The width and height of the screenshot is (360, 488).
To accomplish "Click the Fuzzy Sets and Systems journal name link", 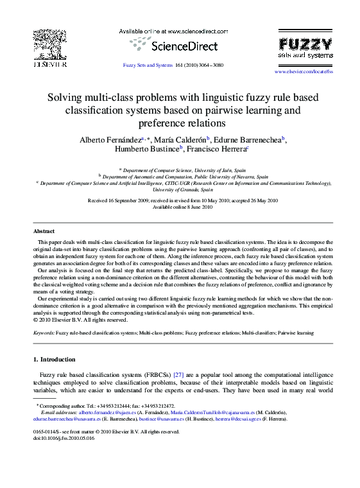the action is (148, 65).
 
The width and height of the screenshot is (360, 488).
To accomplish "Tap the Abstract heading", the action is (44, 231).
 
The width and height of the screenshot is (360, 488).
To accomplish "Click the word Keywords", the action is (44, 334).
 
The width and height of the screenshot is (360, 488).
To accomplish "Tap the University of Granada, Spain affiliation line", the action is (183, 190).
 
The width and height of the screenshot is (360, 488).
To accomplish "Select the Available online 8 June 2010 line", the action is (182, 207).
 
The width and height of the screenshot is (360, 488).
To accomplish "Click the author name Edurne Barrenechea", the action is (249, 140).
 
